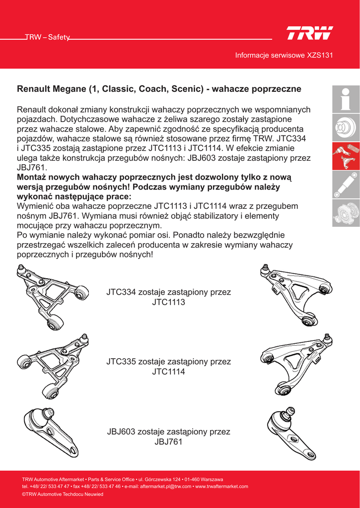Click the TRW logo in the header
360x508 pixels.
[309, 34]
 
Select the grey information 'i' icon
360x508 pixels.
[346, 99]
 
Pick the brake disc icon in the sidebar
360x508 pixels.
[346, 128]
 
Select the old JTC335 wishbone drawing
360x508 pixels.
[53, 365]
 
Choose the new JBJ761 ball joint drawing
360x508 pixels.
[290, 433]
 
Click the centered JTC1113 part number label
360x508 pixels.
[168, 302]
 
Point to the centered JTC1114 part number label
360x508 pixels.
[168, 371]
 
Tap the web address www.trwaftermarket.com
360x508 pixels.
[222, 487]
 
